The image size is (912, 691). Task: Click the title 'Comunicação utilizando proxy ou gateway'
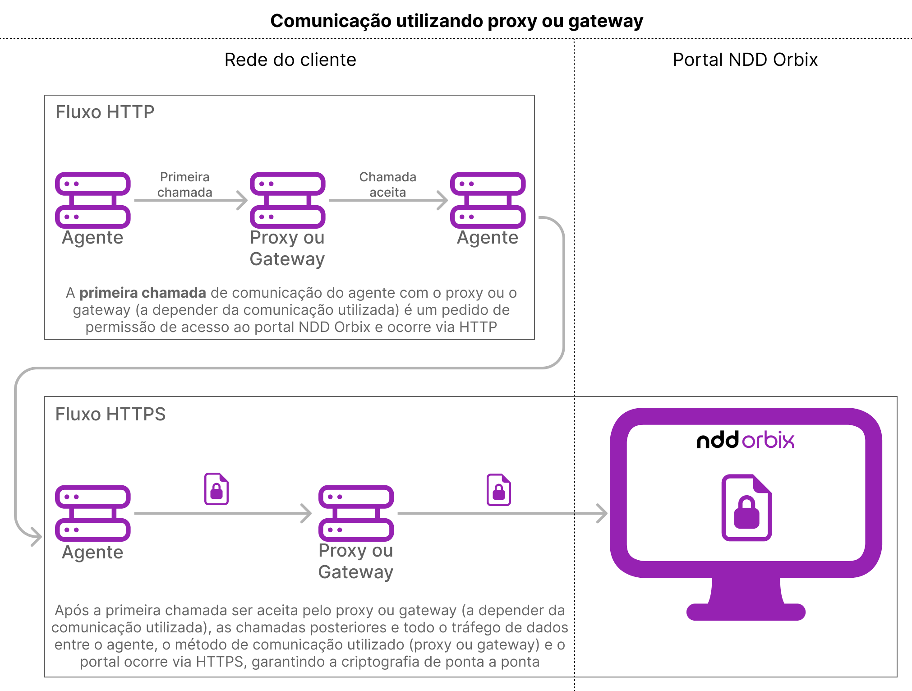[456, 21]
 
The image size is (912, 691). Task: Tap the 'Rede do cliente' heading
[290, 60]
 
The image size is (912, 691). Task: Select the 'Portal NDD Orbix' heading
[745, 60]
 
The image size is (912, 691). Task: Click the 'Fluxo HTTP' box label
[105, 112]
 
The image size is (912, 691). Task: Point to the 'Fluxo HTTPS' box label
[110, 414]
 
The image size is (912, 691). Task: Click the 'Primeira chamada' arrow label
[184, 184]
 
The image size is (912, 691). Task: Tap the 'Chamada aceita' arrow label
[387, 184]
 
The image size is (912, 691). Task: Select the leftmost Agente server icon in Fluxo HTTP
[92, 200]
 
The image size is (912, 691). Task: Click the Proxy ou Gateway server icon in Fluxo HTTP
[287, 200]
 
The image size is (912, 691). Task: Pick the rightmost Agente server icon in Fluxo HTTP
[488, 200]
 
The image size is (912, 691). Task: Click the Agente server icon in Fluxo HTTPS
[92, 513]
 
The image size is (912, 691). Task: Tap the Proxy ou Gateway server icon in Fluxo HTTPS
[356, 513]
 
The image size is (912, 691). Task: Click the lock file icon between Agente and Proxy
[216, 488]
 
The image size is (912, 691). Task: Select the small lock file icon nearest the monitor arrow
[498, 489]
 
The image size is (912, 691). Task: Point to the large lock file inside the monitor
[746, 507]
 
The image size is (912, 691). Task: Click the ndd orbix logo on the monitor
[745, 440]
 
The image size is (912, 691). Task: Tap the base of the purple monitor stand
[746, 612]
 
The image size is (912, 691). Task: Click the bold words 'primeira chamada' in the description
[143, 293]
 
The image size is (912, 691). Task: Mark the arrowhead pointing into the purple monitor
[602, 513]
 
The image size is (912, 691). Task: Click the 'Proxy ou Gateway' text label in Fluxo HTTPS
[355, 561]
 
